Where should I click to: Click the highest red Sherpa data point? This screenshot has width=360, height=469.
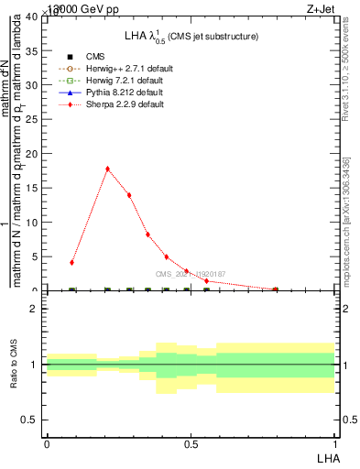(108, 169)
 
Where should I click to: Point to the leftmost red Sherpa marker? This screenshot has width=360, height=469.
(71, 262)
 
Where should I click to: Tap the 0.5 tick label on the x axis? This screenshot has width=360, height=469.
(191, 444)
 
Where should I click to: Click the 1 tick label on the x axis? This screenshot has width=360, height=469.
(334, 444)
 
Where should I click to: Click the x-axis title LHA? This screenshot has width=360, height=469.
(325, 458)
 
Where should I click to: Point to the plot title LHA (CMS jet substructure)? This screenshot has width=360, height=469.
(191, 37)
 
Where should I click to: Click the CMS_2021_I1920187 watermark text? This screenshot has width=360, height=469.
(191, 274)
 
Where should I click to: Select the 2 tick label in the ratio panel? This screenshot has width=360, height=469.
(34, 309)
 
